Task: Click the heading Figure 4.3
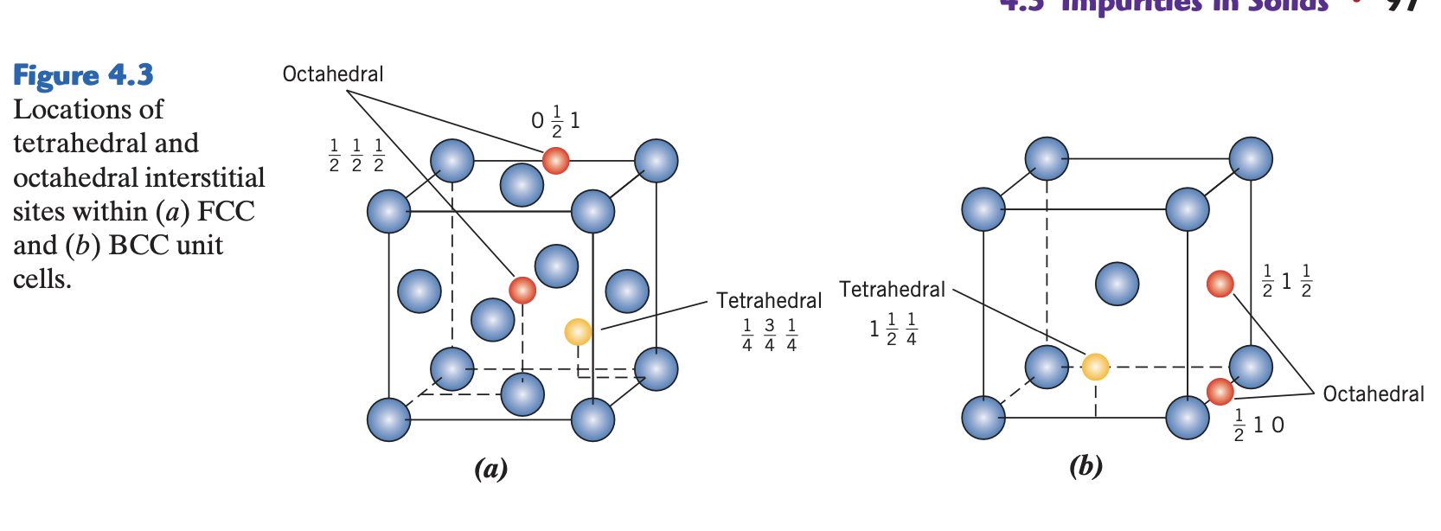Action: pos(83,75)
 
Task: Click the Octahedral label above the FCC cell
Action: pos(333,74)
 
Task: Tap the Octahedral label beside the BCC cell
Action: pos(1373,394)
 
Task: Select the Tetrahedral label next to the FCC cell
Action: pos(769,301)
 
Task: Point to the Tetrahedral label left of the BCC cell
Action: pos(892,290)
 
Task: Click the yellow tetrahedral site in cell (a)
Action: pos(578,331)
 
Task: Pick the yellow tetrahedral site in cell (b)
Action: pos(1095,367)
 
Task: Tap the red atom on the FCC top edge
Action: pos(555,160)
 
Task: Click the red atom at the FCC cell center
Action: pos(522,290)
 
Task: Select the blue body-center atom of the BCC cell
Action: pos(1117,284)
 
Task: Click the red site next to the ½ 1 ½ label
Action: pos(1220,283)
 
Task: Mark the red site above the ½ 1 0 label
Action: pos(1220,392)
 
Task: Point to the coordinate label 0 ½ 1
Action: pos(556,121)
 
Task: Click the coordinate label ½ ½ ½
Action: pos(356,156)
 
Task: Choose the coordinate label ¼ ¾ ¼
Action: pos(769,335)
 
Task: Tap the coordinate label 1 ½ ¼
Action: pos(893,329)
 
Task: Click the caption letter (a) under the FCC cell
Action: pos(490,469)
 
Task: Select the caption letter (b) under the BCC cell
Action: pos(1086,466)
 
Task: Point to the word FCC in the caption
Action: pos(227,212)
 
